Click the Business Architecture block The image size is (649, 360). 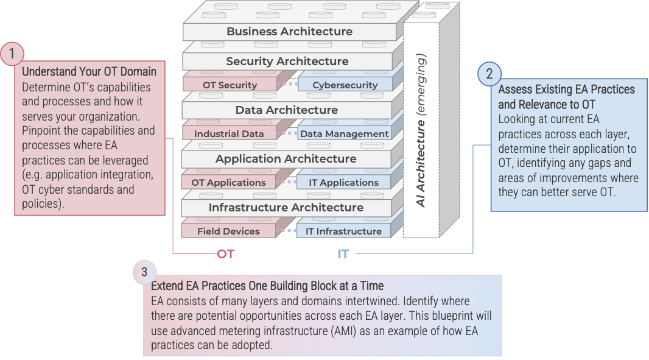pos(289,32)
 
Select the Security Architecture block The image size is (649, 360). pos(287,62)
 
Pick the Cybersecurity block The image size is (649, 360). pos(345,85)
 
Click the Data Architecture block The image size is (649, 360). pos(286,110)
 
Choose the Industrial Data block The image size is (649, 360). pos(229,134)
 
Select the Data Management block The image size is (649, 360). pos(344,134)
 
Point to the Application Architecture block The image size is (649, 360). pos(286,159)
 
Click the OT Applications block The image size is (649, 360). pos(228,183)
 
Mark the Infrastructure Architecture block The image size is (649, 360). pos(286,208)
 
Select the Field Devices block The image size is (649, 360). pos(228,231)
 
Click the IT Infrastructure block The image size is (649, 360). pos(343,231)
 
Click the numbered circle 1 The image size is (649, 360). pos(12,54)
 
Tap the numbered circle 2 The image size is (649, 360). pos(489,74)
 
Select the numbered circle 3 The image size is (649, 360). pos(144,272)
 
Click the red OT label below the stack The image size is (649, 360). pos(225,254)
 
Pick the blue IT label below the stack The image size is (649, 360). pos(343,254)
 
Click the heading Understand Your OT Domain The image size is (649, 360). pos(89,72)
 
